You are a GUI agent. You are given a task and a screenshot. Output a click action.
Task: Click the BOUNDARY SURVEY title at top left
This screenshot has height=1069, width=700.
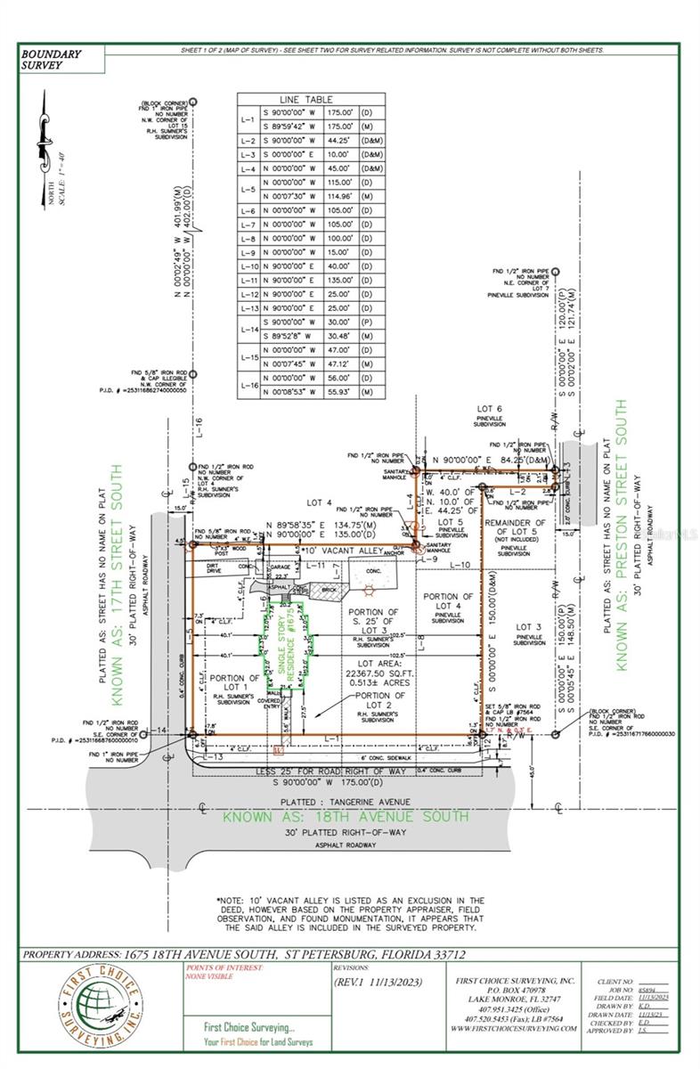(51, 60)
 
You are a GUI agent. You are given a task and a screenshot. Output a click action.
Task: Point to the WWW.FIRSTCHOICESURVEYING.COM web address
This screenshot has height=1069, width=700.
(513, 1028)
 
